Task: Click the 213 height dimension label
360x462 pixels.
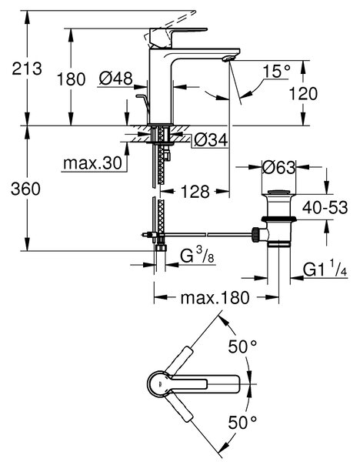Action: pos(27,69)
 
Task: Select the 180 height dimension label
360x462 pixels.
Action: pos(71,79)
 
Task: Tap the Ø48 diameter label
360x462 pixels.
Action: pos(115,79)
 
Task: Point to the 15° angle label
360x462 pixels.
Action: pos(276,71)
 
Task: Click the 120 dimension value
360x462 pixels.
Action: pos(303,93)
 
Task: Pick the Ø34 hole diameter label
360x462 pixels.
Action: pos(211,139)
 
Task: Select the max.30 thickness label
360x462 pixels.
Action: pos(92,162)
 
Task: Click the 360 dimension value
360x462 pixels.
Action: pos(25,189)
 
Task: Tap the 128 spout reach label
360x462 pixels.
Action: pos(195,192)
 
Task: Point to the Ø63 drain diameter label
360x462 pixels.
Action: pos(278,167)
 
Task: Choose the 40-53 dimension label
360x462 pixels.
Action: pos(325,207)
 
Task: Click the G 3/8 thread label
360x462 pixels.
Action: pos(197,256)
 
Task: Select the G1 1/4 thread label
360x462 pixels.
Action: pos(325,269)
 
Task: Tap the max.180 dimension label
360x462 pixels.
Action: pos(215,297)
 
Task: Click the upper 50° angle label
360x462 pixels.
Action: pos(242,346)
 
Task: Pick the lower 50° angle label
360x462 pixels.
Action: pos(242,423)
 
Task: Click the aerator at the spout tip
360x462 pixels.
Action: pos(228,59)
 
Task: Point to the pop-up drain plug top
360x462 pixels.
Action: pos(278,192)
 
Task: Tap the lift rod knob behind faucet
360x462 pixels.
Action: pos(141,95)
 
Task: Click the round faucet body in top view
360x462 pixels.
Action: pos(159,384)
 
